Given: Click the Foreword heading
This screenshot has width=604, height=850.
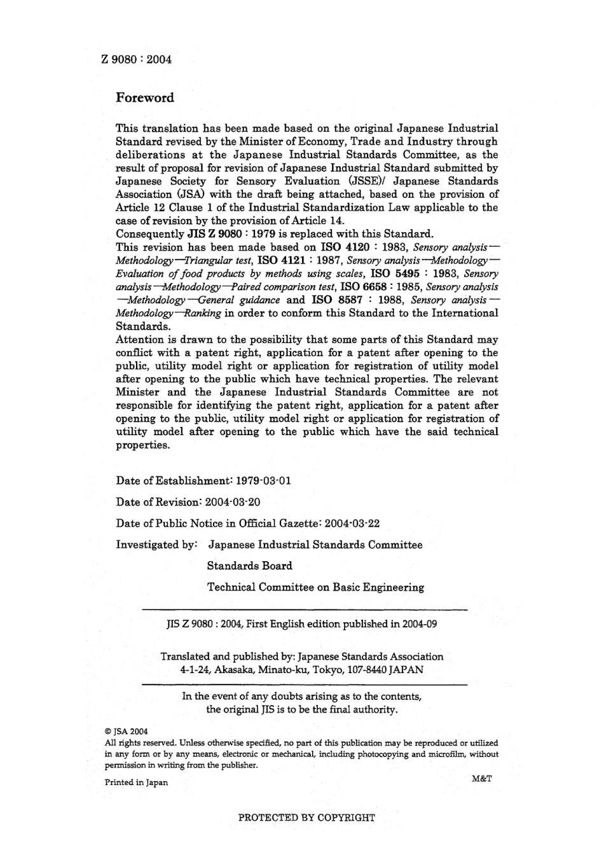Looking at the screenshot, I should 144,98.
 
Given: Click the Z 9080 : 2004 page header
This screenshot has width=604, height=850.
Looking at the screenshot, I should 136,60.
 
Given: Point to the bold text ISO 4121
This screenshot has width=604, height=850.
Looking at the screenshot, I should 282,260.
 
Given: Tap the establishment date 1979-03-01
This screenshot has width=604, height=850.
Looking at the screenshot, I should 263,481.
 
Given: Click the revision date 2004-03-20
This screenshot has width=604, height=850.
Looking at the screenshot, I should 233,502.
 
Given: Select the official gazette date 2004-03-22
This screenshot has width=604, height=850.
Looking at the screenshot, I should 352,524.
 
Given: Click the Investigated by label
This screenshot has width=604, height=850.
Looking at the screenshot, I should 156,545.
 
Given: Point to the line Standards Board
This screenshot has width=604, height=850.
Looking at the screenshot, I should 249,566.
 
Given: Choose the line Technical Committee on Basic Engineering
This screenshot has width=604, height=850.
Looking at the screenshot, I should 315,587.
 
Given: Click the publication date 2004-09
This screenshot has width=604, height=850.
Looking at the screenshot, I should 420,624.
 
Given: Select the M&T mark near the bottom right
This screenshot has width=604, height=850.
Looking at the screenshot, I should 482,778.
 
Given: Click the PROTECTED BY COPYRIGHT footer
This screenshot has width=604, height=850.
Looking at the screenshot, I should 306,818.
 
